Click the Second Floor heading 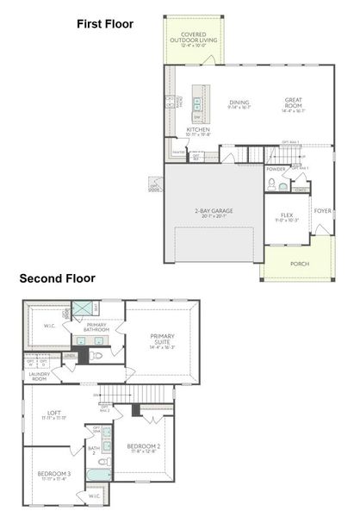point(58,278)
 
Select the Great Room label point(294,105)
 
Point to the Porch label point(300,264)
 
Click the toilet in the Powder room point(270,184)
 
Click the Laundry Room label point(37,376)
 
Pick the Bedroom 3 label point(53,475)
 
